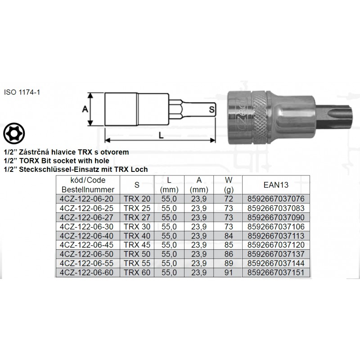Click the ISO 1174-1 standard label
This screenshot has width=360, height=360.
(22, 92)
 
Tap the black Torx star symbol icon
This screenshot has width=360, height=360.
(14, 133)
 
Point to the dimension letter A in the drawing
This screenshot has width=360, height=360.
(85, 109)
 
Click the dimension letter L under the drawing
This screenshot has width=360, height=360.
(161, 135)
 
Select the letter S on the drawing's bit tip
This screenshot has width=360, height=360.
(211, 110)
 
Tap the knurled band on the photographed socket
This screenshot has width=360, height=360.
(260, 117)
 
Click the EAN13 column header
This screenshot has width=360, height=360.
(276, 185)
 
